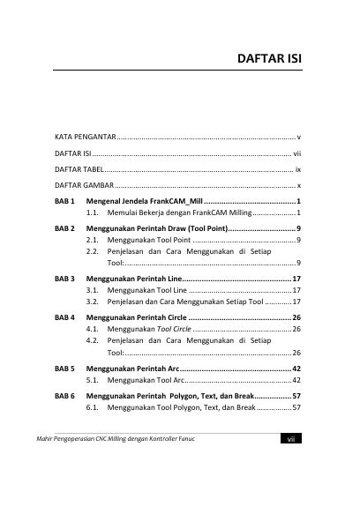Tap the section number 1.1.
coord(92,213)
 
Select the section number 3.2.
coord(92,301)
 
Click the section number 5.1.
coord(92,380)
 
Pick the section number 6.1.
coord(92,409)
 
